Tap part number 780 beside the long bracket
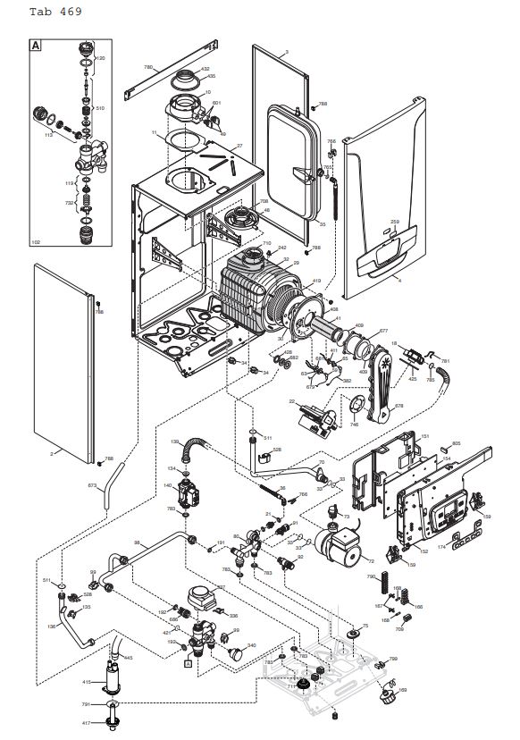click(x=149, y=67)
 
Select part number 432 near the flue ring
click(x=205, y=68)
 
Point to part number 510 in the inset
click(x=100, y=107)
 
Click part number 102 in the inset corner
click(x=36, y=241)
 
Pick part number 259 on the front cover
click(x=395, y=221)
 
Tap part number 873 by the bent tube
click(x=91, y=485)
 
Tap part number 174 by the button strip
click(x=440, y=545)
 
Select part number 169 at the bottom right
click(x=402, y=689)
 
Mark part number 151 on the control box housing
click(x=425, y=435)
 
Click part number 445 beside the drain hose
click(x=128, y=658)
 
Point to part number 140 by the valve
click(x=167, y=485)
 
